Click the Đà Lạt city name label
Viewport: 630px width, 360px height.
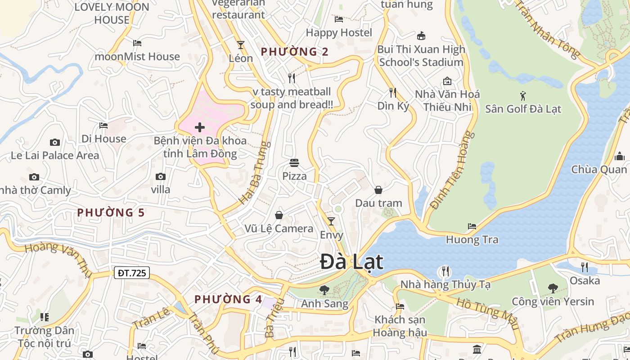[x=351, y=262]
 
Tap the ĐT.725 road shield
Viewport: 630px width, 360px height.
[x=131, y=273]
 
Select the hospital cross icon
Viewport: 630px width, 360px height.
[x=200, y=127]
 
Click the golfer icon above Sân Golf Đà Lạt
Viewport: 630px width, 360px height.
[x=523, y=95]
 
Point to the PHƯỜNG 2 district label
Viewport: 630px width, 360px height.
[x=295, y=52]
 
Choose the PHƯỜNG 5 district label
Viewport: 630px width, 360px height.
[x=111, y=212]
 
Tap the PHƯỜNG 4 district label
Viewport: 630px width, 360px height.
[x=228, y=299]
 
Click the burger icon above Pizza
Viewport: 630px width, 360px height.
[x=294, y=163]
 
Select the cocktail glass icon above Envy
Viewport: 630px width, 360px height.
[x=331, y=221]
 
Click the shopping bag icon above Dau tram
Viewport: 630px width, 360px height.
[x=378, y=190]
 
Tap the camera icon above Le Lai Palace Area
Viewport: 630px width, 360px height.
[x=55, y=143]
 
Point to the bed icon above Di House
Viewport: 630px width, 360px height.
[x=103, y=126]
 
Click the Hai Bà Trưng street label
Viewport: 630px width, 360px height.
[x=255, y=173]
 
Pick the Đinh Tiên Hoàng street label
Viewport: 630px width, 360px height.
[x=452, y=170]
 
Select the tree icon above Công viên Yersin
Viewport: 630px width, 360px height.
[x=553, y=288]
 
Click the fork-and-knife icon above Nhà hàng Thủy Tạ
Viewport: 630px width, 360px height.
[x=445, y=271]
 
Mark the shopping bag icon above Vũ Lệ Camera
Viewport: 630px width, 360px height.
[x=279, y=215]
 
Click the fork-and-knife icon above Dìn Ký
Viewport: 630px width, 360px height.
[x=393, y=93]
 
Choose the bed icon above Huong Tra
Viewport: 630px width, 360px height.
[x=472, y=226]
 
